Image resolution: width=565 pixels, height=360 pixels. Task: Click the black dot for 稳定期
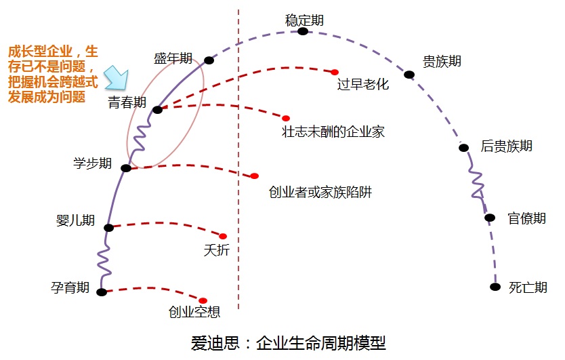click(303, 31)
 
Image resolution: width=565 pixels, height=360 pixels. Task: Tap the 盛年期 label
click(173, 59)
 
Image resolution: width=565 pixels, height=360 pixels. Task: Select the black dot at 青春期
click(157, 109)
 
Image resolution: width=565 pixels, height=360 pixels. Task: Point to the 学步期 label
click(93, 163)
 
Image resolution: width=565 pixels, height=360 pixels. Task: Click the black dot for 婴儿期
click(109, 228)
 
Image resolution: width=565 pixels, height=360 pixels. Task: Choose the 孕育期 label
click(70, 287)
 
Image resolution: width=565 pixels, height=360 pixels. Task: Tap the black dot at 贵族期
click(409, 75)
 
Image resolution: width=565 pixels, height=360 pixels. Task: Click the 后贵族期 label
click(506, 146)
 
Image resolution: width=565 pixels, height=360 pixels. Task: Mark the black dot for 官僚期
click(490, 218)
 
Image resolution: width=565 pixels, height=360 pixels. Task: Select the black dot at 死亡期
click(495, 287)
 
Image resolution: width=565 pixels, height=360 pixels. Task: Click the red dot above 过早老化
click(335, 72)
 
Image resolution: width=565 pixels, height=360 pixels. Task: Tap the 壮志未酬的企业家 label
click(333, 132)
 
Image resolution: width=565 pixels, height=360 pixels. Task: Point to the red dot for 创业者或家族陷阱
click(255, 176)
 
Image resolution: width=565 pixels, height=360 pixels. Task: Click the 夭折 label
click(217, 250)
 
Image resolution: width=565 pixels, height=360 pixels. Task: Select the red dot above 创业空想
click(203, 300)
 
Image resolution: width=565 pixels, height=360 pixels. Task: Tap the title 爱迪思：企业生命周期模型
click(289, 342)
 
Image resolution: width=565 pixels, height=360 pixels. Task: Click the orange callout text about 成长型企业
click(53, 74)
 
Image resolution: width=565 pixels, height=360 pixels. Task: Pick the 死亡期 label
click(528, 287)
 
